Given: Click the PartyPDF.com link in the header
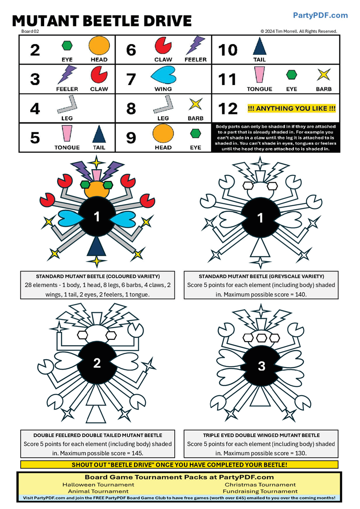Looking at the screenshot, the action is [320, 15].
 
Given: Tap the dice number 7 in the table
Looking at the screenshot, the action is [131, 79].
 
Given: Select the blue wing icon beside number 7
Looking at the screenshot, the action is [163, 75].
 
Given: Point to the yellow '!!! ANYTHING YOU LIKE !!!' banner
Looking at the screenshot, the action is [291, 108].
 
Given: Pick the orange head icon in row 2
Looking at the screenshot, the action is [99, 46].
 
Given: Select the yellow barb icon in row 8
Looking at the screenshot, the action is [195, 104].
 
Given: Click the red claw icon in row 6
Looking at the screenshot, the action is [163, 45].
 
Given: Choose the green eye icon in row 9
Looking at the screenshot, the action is [195, 133].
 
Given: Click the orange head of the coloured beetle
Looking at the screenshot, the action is [96, 190].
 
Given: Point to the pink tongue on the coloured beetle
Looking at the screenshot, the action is [96, 176].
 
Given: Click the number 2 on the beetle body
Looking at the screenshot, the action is [97, 363].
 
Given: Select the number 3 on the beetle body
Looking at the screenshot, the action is [261, 366].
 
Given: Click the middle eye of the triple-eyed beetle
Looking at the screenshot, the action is [261, 338].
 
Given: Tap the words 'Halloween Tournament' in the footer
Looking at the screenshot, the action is [99, 485].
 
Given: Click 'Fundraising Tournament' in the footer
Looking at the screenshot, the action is [261, 491].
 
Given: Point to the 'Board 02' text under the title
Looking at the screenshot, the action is [30, 32].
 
